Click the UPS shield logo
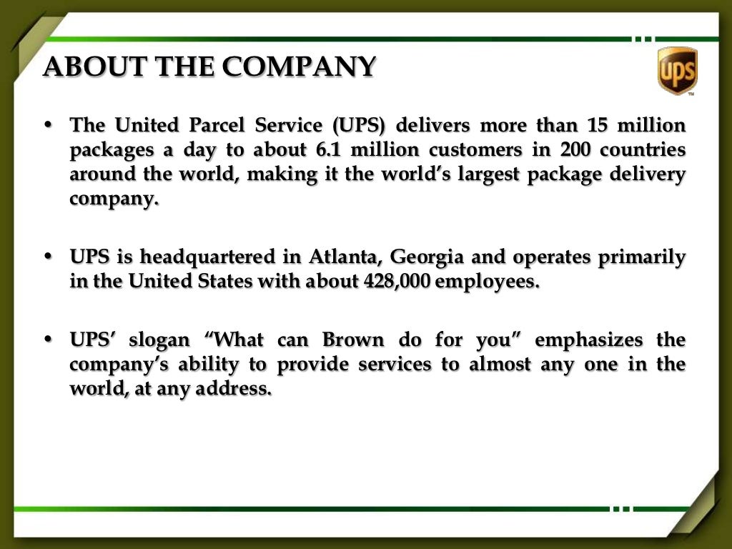click(x=676, y=70)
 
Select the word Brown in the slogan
click(x=353, y=340)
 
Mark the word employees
click(x=486, y=281)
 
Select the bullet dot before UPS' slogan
click(x=49, y=340)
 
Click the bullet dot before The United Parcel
click(x=49, y=126)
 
